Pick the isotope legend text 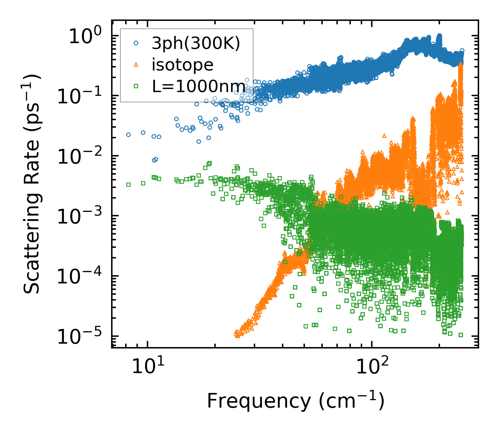182,65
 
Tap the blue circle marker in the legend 136,43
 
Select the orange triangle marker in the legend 136,65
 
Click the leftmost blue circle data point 128,135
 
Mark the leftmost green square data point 128,184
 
